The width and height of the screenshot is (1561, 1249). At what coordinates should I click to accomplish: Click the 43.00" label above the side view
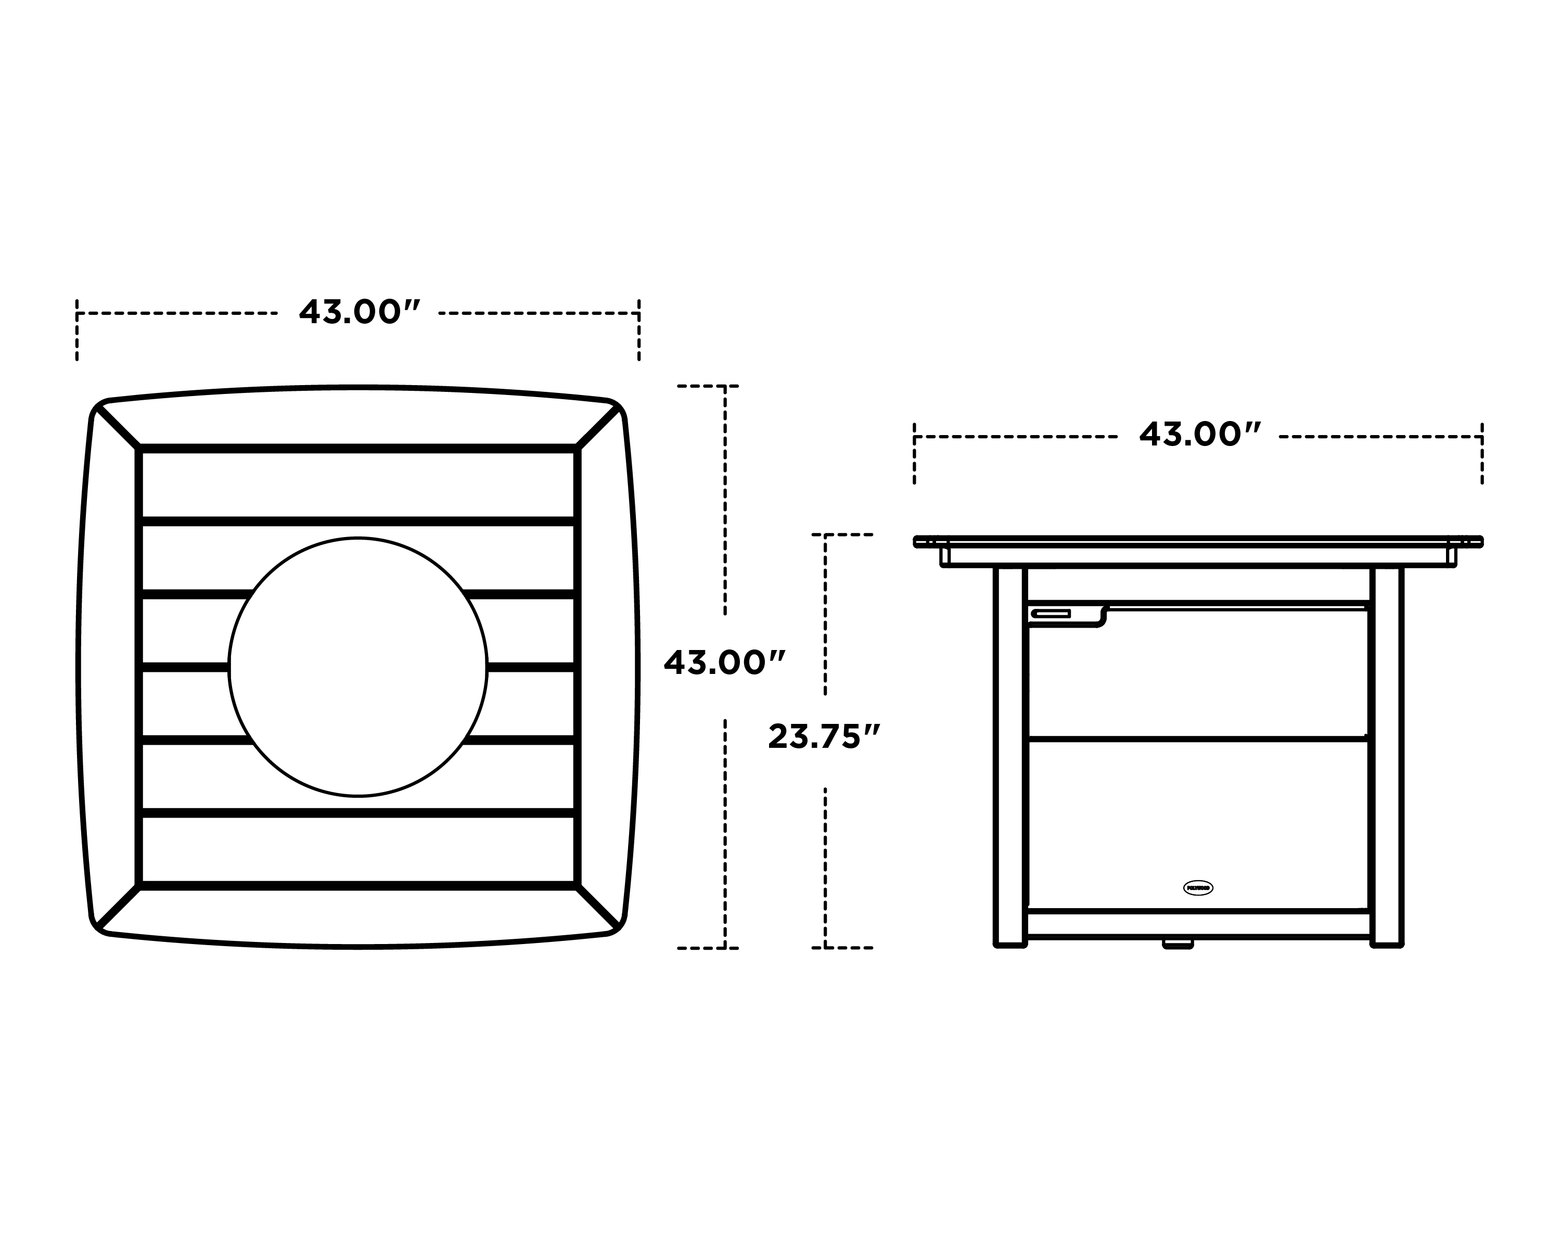(1200, 435)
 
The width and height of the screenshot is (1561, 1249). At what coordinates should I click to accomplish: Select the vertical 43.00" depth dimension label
(724, 663)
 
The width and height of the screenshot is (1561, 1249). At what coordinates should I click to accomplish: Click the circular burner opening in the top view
(357, 666)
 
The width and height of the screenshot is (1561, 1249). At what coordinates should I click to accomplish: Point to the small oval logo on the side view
(1197, 888)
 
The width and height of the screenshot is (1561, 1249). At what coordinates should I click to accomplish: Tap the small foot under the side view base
(1178, 944)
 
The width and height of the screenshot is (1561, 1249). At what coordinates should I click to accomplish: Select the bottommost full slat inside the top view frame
(357, 849)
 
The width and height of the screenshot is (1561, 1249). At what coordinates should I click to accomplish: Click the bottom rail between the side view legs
(1198, 923)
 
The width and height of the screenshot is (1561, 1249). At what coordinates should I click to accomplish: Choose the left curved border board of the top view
(107, 666)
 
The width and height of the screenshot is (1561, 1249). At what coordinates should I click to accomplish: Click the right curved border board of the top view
(608, 666)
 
